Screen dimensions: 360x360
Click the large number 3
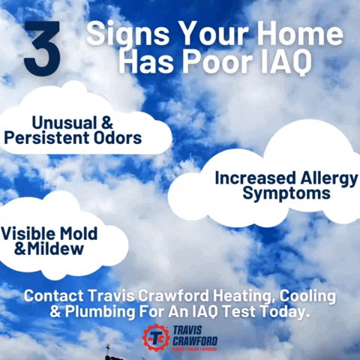pyautogui.click(x=41, y=49)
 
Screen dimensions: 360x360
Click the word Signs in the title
pyautogui.click(x=118, y=34)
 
